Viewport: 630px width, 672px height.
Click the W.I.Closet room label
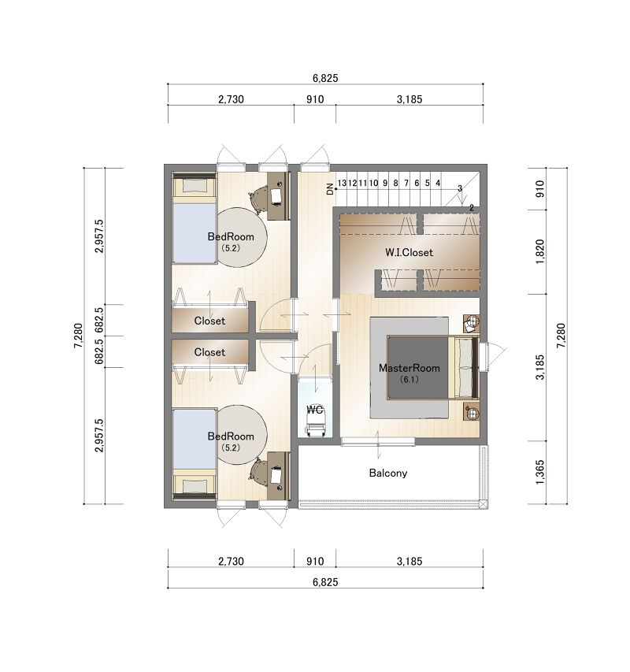[x=409, y=252]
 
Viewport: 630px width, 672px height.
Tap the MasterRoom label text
[x=409, y=368]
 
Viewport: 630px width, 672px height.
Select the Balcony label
[x=388, y=473]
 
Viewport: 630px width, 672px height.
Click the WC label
[x=315, y=410]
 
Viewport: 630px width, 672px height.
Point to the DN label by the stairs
[x=330, y=188]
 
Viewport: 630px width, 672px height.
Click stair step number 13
[x=341, y=183]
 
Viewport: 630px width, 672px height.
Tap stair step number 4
[x=438, y=183]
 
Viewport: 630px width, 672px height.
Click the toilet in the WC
[x=315, y=425]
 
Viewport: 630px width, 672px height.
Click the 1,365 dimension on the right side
[x=539, y=472]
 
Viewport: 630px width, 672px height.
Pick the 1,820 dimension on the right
[x=539, y=251]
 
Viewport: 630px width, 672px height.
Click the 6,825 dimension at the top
[x=325, y=78]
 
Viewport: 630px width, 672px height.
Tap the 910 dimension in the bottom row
[x=315, y=561]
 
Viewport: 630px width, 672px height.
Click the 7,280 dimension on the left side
[x=79, y=336]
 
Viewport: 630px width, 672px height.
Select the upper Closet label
[x=209, y=321]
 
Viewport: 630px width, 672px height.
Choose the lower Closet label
[x=209, y=352]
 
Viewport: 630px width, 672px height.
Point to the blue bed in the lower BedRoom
[x=195, y=439]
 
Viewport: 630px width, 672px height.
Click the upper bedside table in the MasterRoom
[x=471, y=323]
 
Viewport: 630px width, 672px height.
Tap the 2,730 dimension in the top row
[x=231, y=99]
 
